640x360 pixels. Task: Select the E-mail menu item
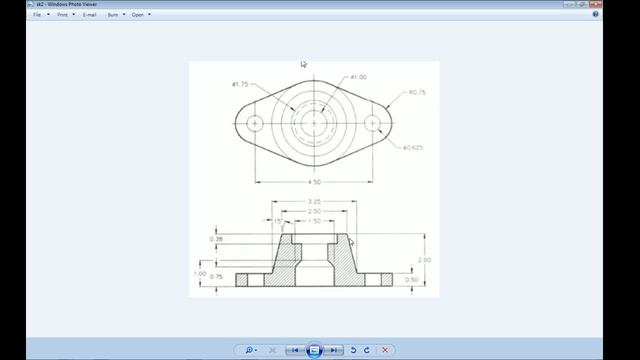pyautogui.click(x=90, y=15)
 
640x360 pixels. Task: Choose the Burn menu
pyautogui.click(x=115, y=15)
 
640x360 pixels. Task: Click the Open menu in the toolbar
pyautogui.click(x=139, y=15)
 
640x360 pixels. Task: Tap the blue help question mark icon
pyautogui.click(x=623, y=15)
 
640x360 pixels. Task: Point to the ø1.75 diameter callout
pyautogui.click(x=240, y=84)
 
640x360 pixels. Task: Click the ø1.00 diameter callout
pyautogui.click(x=359, y=77)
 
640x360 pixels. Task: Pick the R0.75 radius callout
pyautogui.click(x=417, y=93)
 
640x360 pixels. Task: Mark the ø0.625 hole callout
pyautogui.click(x=413, y=149)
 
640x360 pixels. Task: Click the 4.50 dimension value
pyautogui.click(x=314, y=183)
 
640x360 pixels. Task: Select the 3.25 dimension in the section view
pyautogui.click(x=314, y=202)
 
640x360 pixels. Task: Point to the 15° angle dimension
pyautogui.click(x=265, y=221)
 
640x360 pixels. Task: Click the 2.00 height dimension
pyautogui.click(x=425, y=259)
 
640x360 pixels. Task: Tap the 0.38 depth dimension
pyautogui.click(x=216, y=239)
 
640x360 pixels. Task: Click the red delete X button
pyautogui.click(x=385, y=350)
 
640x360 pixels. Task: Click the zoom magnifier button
pyautogui.click(x=249, y=350)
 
